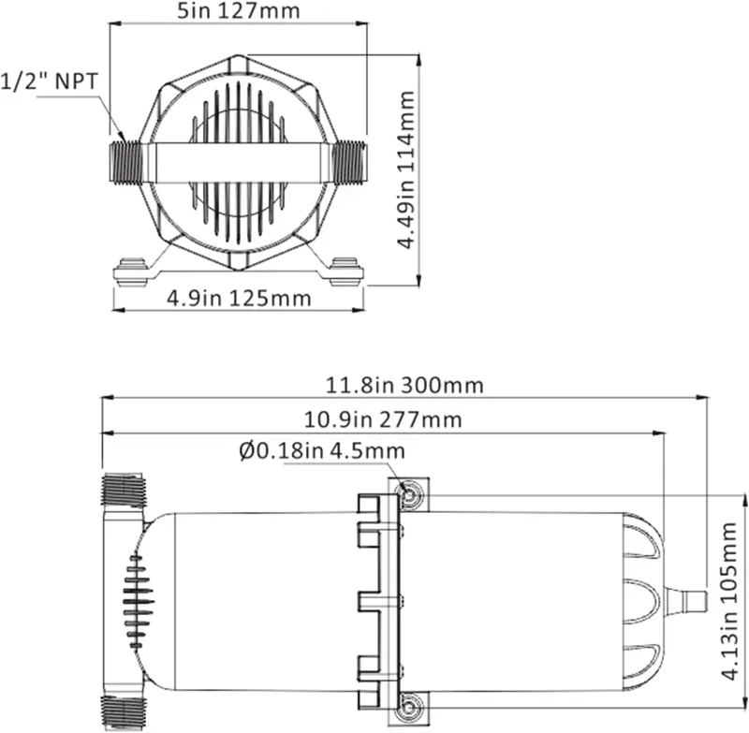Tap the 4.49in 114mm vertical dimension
tap(404, 169)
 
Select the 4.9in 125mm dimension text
tap(238, 300)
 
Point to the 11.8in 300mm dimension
tap(404, 385)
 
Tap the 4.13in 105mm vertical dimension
tap(730, 605)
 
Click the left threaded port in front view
tap(125, 161)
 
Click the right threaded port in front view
tap(350, 161)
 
